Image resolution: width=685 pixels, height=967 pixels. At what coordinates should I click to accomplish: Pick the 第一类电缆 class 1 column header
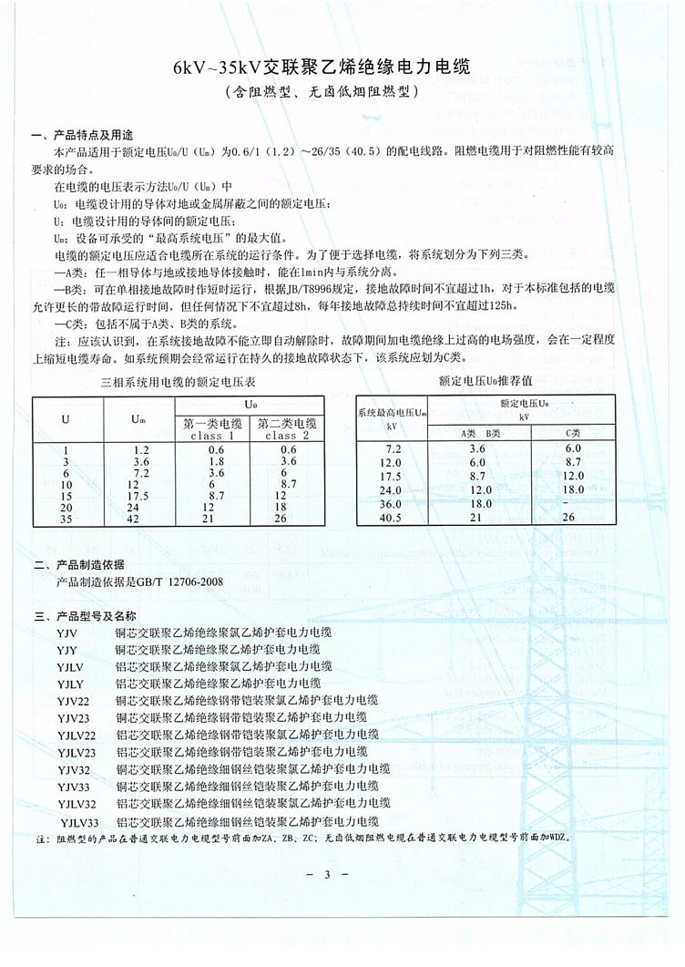tap(213, 428)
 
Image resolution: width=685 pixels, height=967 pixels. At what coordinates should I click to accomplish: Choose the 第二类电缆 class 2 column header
tap(288, 428)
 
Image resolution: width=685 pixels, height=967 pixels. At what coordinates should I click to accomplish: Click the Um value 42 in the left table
tap(140, 520)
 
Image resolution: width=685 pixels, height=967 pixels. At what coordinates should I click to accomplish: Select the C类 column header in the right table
tap(572, 433)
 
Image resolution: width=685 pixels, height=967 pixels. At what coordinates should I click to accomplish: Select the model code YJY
tap(66, 649)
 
